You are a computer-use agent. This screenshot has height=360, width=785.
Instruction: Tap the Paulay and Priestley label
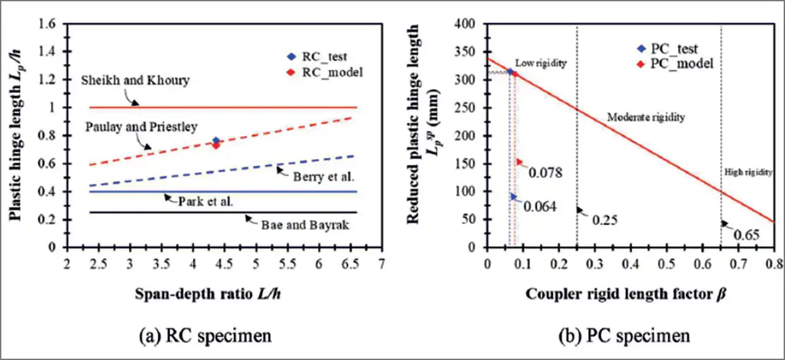click(132, 126)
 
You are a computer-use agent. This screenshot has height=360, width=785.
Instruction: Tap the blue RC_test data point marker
click(216, 141)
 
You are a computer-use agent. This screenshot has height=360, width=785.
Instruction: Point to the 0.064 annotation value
click(540, 207)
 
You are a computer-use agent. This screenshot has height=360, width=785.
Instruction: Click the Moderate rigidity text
click(646, 118)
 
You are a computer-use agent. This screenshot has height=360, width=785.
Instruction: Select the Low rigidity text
click(541, 63)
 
